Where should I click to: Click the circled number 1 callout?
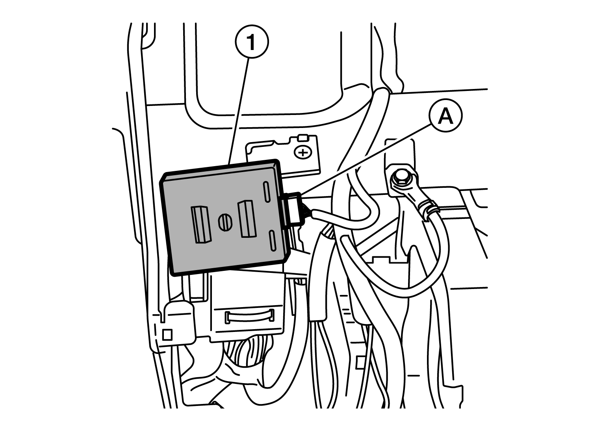[252, 42]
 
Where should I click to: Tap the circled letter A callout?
[445, 115]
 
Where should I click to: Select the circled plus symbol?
[303, 153]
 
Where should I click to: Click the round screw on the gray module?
[225, 222]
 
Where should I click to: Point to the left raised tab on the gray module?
[201, 225]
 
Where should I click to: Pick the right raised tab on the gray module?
[246, 219]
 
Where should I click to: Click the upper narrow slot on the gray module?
[266, 192]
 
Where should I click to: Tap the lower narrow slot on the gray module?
[273, 241]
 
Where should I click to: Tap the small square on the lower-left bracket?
[167, 335]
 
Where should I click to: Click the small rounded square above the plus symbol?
[303, 138]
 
